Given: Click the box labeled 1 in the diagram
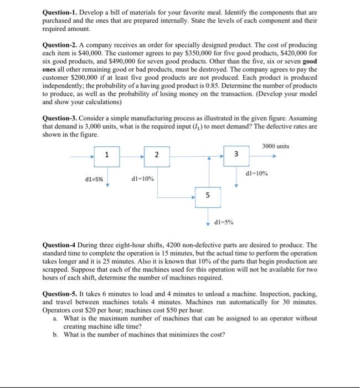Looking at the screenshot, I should [107, 155].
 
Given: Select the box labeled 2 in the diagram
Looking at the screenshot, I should [157, 156].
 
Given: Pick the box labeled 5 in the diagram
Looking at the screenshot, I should [208, 195].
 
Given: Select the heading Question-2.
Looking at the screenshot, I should [63, 44].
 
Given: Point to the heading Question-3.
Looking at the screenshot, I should [63, 119].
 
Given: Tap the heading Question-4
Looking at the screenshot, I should [62, 244].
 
